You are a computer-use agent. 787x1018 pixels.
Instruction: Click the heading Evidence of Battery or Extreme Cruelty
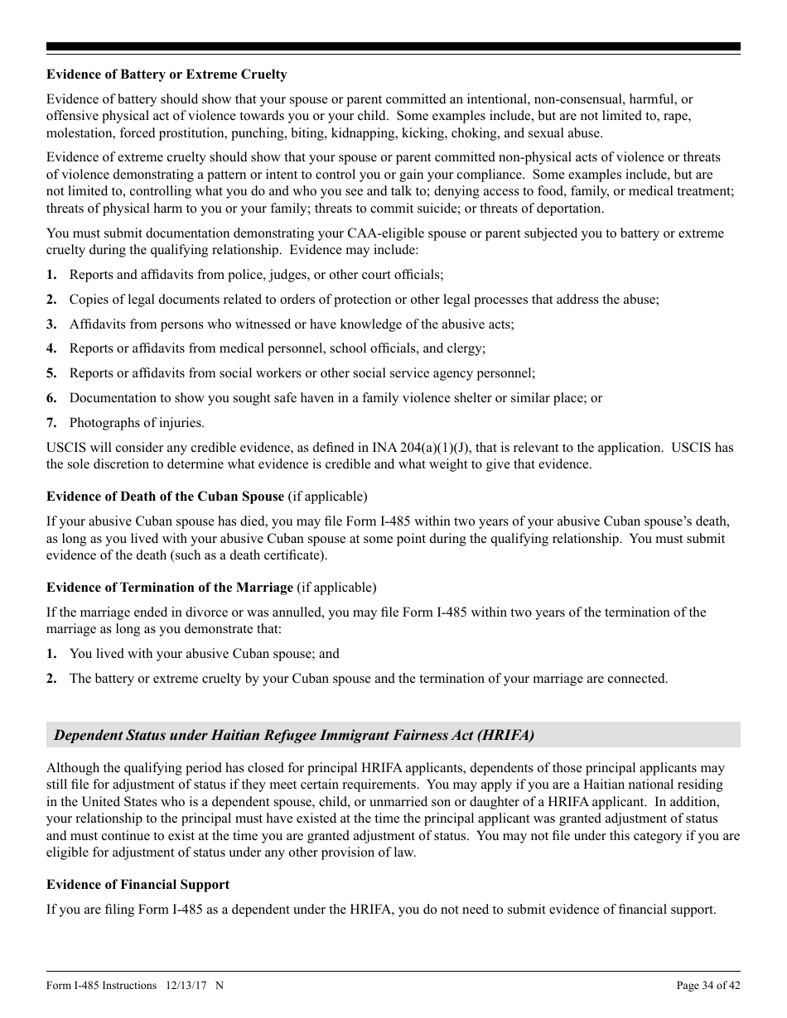167,74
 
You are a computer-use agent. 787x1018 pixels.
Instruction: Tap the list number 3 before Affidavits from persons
51,324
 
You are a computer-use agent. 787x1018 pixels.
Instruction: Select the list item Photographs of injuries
137,423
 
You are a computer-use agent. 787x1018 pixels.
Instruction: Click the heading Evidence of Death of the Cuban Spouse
165,497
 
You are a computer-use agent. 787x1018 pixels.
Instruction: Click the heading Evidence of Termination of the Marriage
170,588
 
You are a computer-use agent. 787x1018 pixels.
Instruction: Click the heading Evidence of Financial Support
138,885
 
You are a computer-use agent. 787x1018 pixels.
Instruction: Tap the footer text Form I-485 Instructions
101,985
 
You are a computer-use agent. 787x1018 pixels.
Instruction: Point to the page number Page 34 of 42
708,985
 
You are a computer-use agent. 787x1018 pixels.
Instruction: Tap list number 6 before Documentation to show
51,398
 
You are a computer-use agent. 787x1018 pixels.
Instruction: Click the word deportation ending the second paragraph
570,209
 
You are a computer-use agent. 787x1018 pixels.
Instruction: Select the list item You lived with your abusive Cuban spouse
204,654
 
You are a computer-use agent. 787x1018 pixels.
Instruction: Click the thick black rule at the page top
393,47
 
